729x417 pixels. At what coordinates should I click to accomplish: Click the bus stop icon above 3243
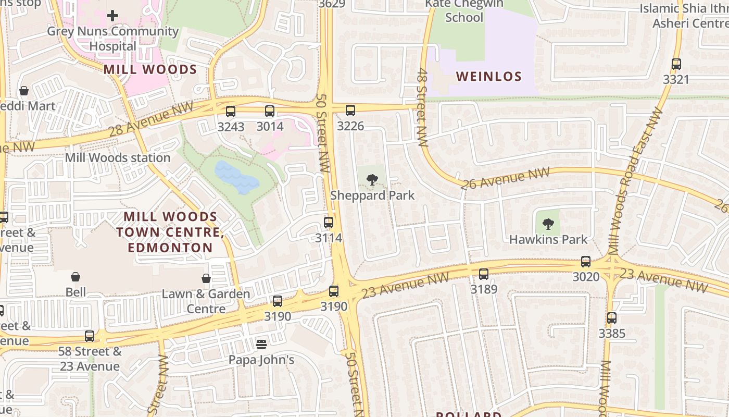(x=230, y=111)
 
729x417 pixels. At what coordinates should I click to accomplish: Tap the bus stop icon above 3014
(x=269, y=111)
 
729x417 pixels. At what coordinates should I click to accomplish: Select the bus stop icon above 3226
(x=350, y=110)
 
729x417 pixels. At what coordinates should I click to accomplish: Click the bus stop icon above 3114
(x=329, y=223)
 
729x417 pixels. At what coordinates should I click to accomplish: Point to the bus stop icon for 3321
(x=676, y=64)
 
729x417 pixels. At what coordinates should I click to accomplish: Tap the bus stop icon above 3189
(x=484, y=274)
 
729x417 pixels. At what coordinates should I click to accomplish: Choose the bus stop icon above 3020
(x=586, y=262)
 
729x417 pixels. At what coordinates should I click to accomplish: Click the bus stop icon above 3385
(x=611, y=317)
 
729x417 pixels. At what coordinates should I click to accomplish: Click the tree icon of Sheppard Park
(x=372, y=180)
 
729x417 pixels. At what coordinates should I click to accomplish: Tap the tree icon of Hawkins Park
(x=548, y=225)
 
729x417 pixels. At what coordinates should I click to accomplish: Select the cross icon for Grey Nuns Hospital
(x=112, y=16)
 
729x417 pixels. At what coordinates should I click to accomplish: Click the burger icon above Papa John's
(x=261, y=344)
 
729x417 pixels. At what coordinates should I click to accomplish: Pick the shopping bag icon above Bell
(x=76, y=276)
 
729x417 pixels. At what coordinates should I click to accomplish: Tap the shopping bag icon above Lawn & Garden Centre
(x=206, y=278)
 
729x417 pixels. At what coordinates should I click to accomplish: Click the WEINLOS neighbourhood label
(x=488, y=77)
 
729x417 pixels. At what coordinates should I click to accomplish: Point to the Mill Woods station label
(x=118, y=157)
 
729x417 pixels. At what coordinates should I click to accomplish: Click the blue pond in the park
(x=236, y=178)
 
